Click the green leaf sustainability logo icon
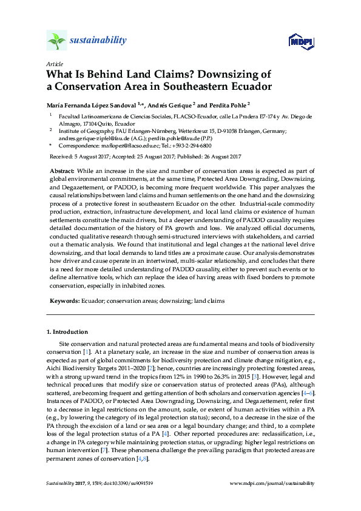[x=56, y=41]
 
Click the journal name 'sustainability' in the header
[x=99, y=41]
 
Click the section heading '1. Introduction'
[x=68, y=332]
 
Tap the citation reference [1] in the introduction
[x=87, y=351]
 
